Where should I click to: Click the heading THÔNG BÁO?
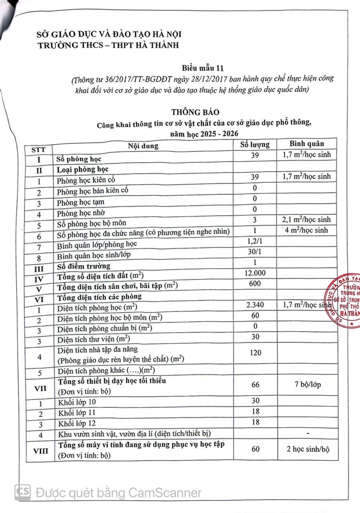pos(195,112)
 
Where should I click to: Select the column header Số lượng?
pos(254,144)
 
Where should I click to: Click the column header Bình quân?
pos(307,144)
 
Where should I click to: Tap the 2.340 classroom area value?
pos(255,306)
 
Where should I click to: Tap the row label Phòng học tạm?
pos(80,202)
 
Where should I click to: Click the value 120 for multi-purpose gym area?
pos(255,353)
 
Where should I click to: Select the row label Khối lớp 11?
pos(76,412)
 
